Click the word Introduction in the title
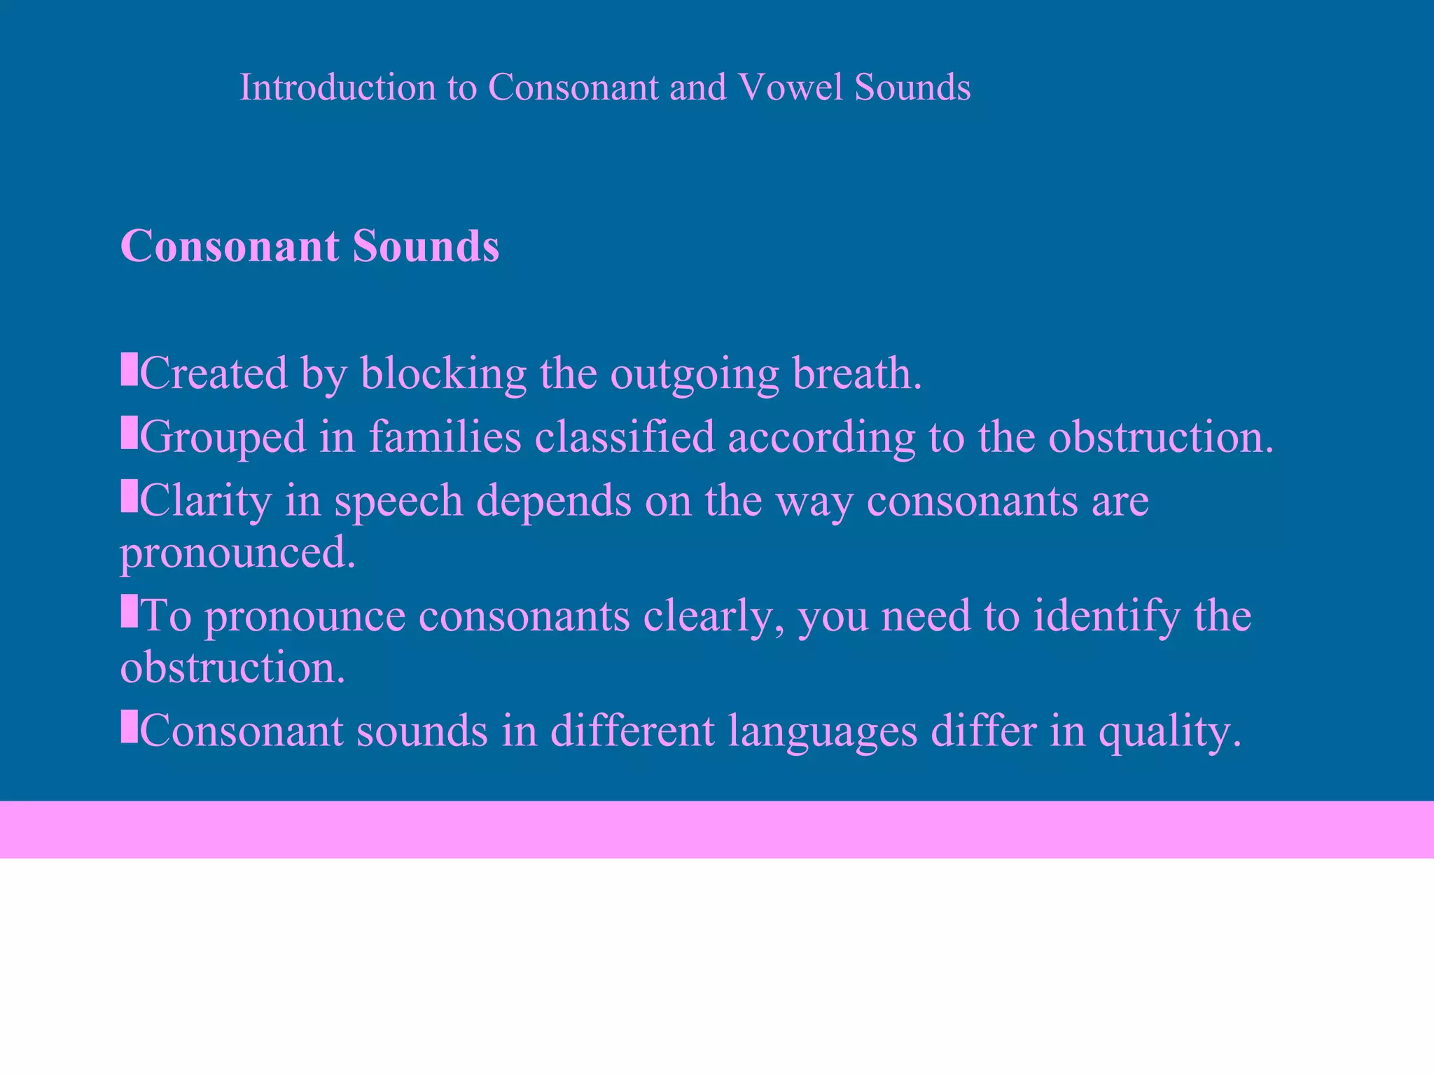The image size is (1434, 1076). coord(338,88)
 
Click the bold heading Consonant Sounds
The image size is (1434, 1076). coord(309,246)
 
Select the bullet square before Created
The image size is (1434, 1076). coord(129,369)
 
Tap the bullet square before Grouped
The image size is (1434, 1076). coord(129,432)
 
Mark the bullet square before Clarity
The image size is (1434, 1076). coord(129,496)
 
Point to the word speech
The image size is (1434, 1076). coord(398,502)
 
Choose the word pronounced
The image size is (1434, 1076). coord(238,553)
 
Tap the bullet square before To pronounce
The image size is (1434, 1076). coord(129,610)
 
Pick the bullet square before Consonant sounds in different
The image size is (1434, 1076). coord(129,726)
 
